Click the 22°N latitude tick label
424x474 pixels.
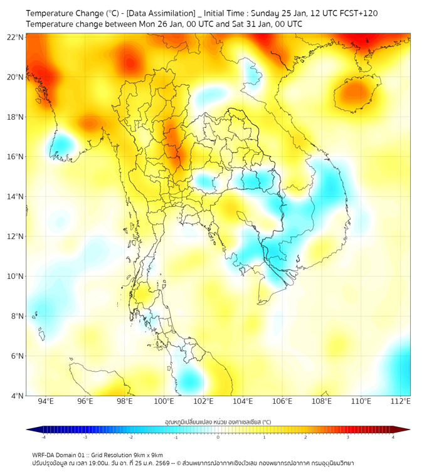[16, 37]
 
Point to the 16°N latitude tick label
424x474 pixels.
[16, 157]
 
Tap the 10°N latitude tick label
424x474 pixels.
[16, 276]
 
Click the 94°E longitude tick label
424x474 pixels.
[46, 401]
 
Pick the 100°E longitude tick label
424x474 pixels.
[164, 401]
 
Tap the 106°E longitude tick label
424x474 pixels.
[282, 401]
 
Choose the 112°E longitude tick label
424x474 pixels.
[401, 401]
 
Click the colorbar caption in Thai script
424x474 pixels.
[218, 421]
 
